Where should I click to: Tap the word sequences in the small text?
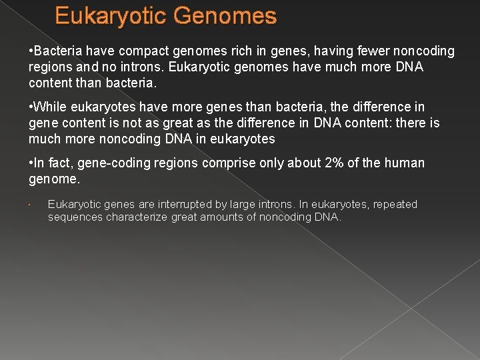75,217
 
